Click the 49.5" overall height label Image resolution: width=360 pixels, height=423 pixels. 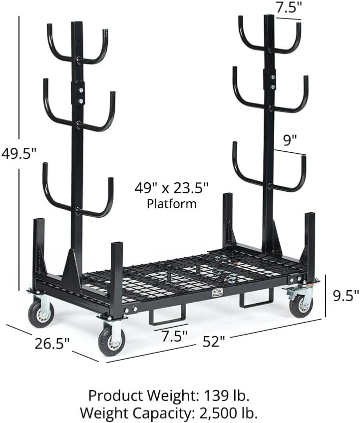18,154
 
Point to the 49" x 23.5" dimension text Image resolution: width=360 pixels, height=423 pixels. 171,188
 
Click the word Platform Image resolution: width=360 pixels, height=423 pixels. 171,203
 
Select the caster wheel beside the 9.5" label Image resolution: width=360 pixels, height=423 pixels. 301,305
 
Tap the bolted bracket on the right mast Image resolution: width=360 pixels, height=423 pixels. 269,80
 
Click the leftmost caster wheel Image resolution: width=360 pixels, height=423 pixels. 40,313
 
